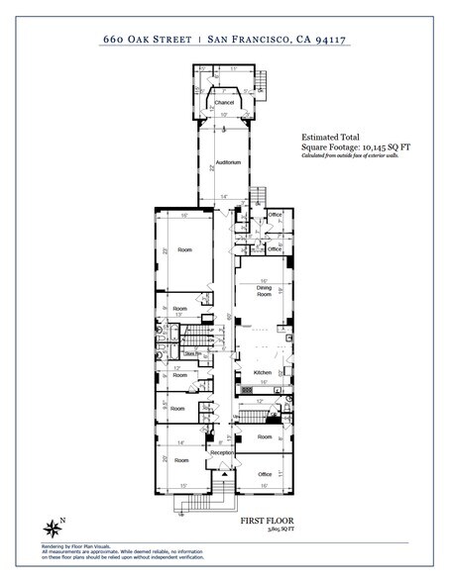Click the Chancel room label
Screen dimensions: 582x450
224,102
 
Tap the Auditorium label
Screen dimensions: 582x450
227,161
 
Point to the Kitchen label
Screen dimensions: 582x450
263,372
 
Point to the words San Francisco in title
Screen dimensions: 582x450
248,40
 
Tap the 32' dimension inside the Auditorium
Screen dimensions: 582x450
212,168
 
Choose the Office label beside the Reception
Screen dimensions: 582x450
265,474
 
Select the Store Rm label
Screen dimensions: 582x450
193,353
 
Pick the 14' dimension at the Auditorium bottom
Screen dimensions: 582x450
224,198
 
